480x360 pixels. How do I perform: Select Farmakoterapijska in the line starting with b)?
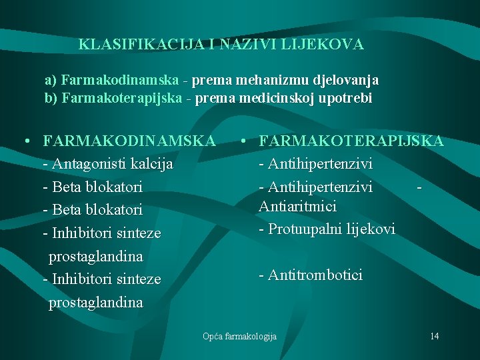point(123,99)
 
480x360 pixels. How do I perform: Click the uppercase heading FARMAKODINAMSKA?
point(129,141)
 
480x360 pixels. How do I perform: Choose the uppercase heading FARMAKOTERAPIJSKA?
point(351,141)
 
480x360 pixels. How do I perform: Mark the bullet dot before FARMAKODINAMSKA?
point(24,141)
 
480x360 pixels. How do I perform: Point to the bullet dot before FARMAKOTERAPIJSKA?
point(246,141)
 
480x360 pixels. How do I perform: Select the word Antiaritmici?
point(297,207)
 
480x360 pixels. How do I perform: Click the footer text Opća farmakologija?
point(239,336)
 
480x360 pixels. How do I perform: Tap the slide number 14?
point(434,336)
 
